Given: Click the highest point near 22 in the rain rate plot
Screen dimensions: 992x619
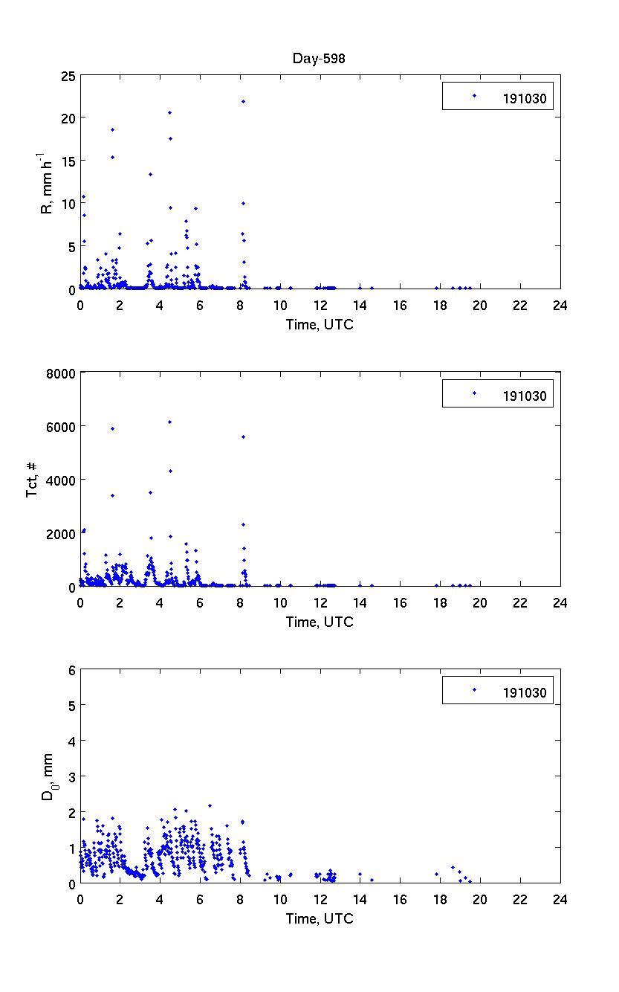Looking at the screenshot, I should [243, 101].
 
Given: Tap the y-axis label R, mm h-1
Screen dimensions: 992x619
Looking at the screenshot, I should [45, 182].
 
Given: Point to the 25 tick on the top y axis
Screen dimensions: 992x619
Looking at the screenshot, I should [68, 75].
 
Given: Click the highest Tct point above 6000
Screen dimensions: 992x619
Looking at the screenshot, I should [170, 422].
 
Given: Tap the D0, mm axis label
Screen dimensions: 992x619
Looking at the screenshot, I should [47, 777].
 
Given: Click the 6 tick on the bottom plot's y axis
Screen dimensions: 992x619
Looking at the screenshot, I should [71, 670].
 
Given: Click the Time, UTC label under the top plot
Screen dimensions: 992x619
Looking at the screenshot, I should [320, 324].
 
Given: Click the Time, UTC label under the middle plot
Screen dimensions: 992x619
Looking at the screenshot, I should [320, 622].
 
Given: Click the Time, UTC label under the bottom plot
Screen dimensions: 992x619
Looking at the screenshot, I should [320, 919].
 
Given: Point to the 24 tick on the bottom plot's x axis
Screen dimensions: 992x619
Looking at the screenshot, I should [560, 898].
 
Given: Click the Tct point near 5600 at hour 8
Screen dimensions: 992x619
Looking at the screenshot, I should [243, 437].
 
